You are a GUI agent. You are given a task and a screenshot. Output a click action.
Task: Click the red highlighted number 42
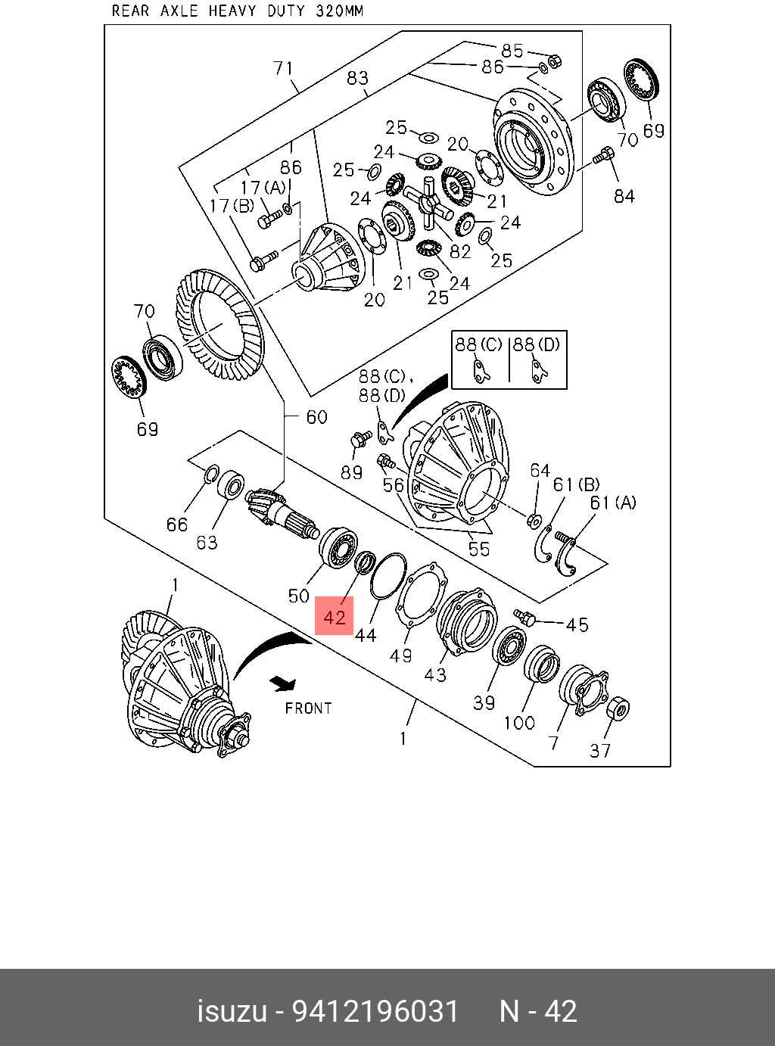point(334,617)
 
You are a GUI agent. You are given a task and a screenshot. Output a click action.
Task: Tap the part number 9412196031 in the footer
point(375,1011)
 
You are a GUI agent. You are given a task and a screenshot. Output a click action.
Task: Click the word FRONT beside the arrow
point(308,708)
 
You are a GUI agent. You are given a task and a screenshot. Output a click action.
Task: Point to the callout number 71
point(283,68)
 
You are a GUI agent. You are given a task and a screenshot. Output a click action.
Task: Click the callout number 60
point(316,417)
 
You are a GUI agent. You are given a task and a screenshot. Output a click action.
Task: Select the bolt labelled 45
point(524,617)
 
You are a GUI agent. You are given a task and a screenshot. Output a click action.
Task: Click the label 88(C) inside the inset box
point(478,344)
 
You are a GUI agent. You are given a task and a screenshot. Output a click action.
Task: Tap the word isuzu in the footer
point(232,1011)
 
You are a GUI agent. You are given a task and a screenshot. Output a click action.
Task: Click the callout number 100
point(519,723)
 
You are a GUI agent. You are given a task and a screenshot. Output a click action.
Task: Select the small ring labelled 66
point(212,474)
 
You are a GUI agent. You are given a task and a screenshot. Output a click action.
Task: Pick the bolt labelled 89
point(359,438)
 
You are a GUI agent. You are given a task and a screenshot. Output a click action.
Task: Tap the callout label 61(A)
point(613,502)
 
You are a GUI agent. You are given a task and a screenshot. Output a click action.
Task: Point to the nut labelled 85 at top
point(553,60)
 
